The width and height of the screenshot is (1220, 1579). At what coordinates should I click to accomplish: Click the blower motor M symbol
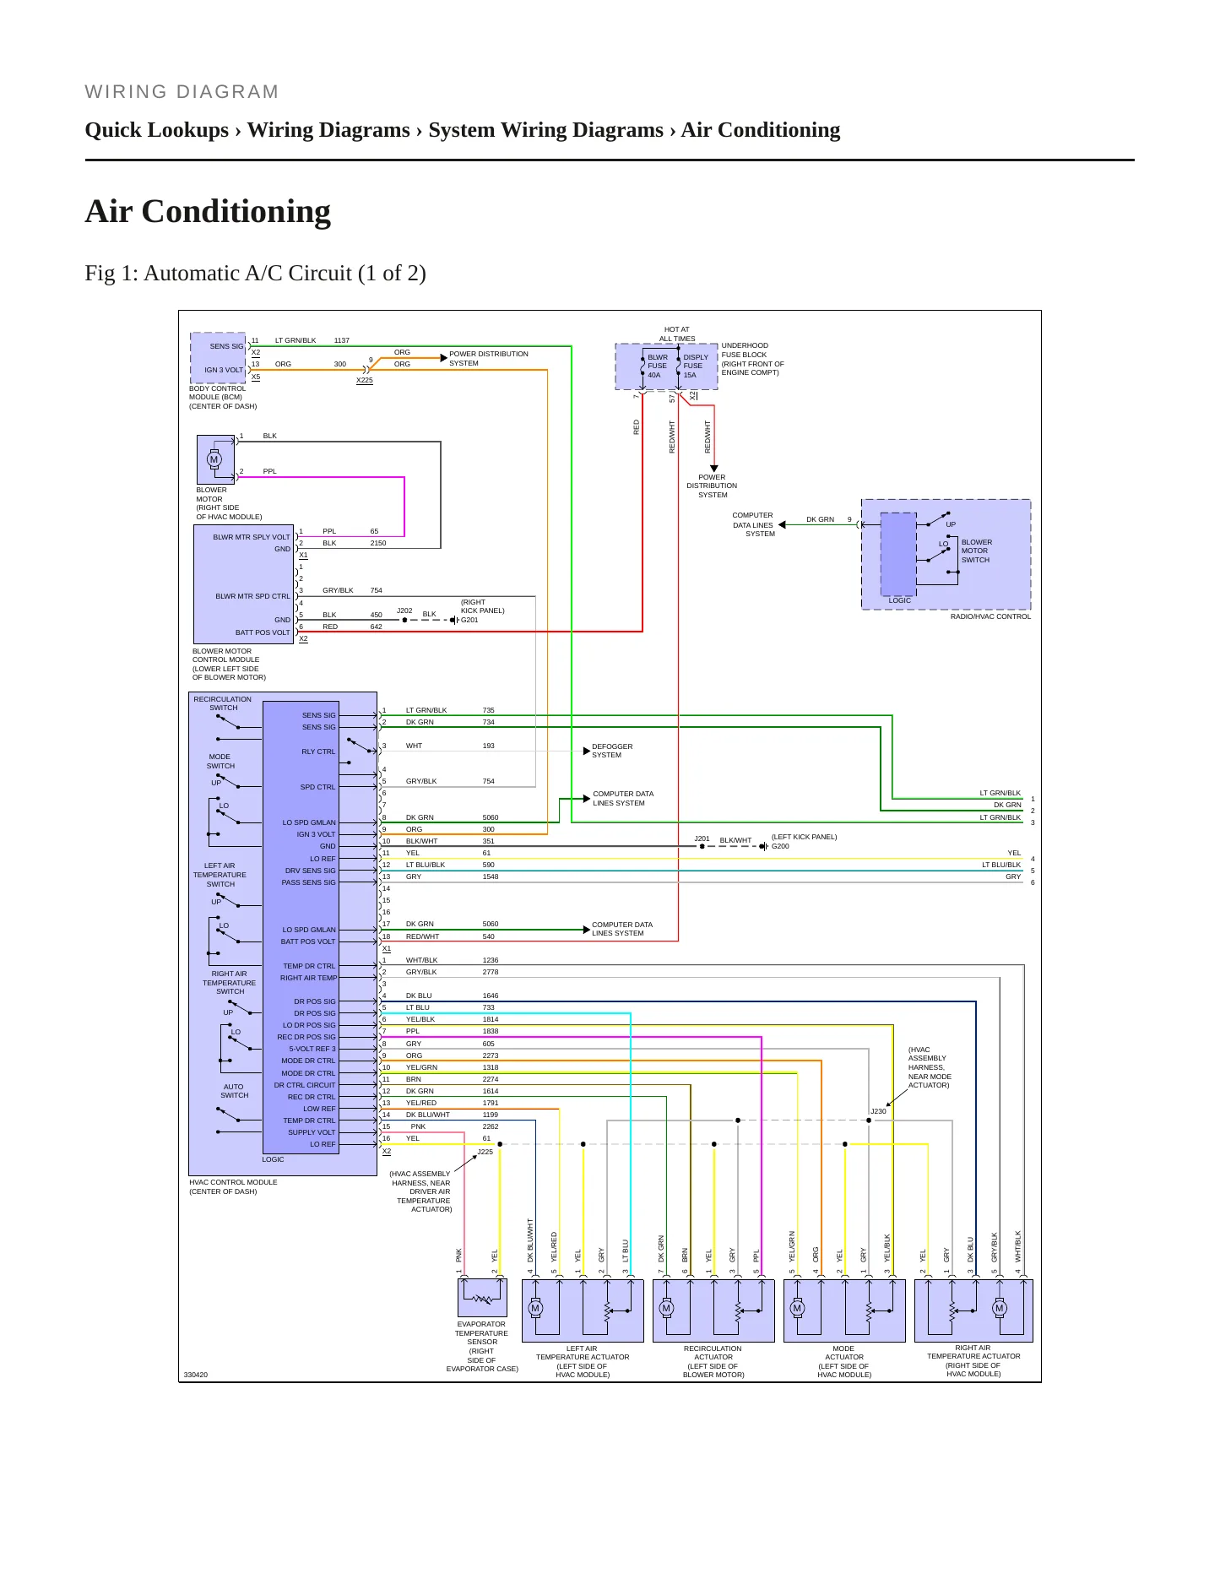pos(214,460)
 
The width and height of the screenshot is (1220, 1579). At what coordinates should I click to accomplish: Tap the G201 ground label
pos(469,620)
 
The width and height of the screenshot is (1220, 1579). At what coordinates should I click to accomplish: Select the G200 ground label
pos(780,846)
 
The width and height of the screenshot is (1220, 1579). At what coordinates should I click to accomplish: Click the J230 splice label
pos(878,1111)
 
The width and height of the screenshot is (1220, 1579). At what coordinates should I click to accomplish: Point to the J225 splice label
pos(485,1152)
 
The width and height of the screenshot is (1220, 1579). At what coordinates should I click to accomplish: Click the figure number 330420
pos(196,1375)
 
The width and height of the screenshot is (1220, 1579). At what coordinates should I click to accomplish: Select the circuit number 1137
pos(342,340)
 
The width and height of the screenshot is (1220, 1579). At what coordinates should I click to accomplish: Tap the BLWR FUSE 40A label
pos(657,366)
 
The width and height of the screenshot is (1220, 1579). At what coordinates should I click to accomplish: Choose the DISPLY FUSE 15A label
pos(695,366)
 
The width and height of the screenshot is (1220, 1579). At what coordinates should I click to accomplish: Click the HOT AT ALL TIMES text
pos(677,334)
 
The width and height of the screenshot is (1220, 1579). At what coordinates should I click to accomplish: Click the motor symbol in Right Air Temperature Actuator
pos(1000,1308)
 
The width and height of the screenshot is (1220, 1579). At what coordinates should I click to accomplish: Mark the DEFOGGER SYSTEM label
pos(611,751)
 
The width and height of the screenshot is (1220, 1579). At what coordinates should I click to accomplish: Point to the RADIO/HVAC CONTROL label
pos(990,616)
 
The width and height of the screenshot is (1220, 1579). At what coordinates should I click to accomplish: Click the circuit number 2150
pos(378,543)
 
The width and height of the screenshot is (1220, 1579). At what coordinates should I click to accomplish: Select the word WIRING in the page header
pos(126,92)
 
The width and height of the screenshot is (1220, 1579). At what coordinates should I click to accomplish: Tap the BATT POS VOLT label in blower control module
pos(263,632)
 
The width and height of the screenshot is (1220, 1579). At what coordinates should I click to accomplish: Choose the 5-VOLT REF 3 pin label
pos(312,1049)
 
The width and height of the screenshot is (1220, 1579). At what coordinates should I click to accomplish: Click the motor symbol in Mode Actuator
pos(797,1308)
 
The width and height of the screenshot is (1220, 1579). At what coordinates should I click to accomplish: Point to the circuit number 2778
pos(491,972)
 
